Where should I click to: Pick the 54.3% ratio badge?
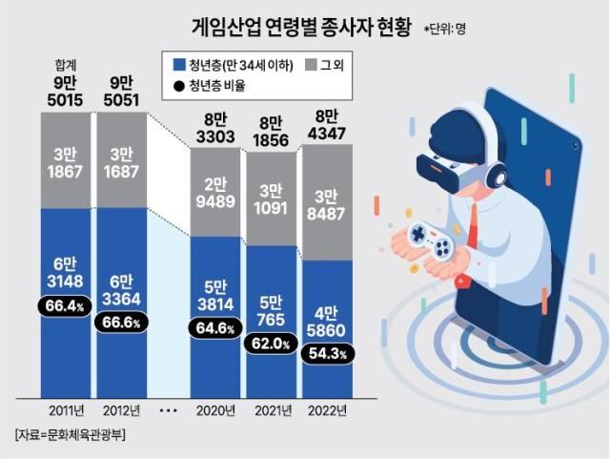[329, 353]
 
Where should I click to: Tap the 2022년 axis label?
[328, 411]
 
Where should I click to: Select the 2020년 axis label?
[215, 411]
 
